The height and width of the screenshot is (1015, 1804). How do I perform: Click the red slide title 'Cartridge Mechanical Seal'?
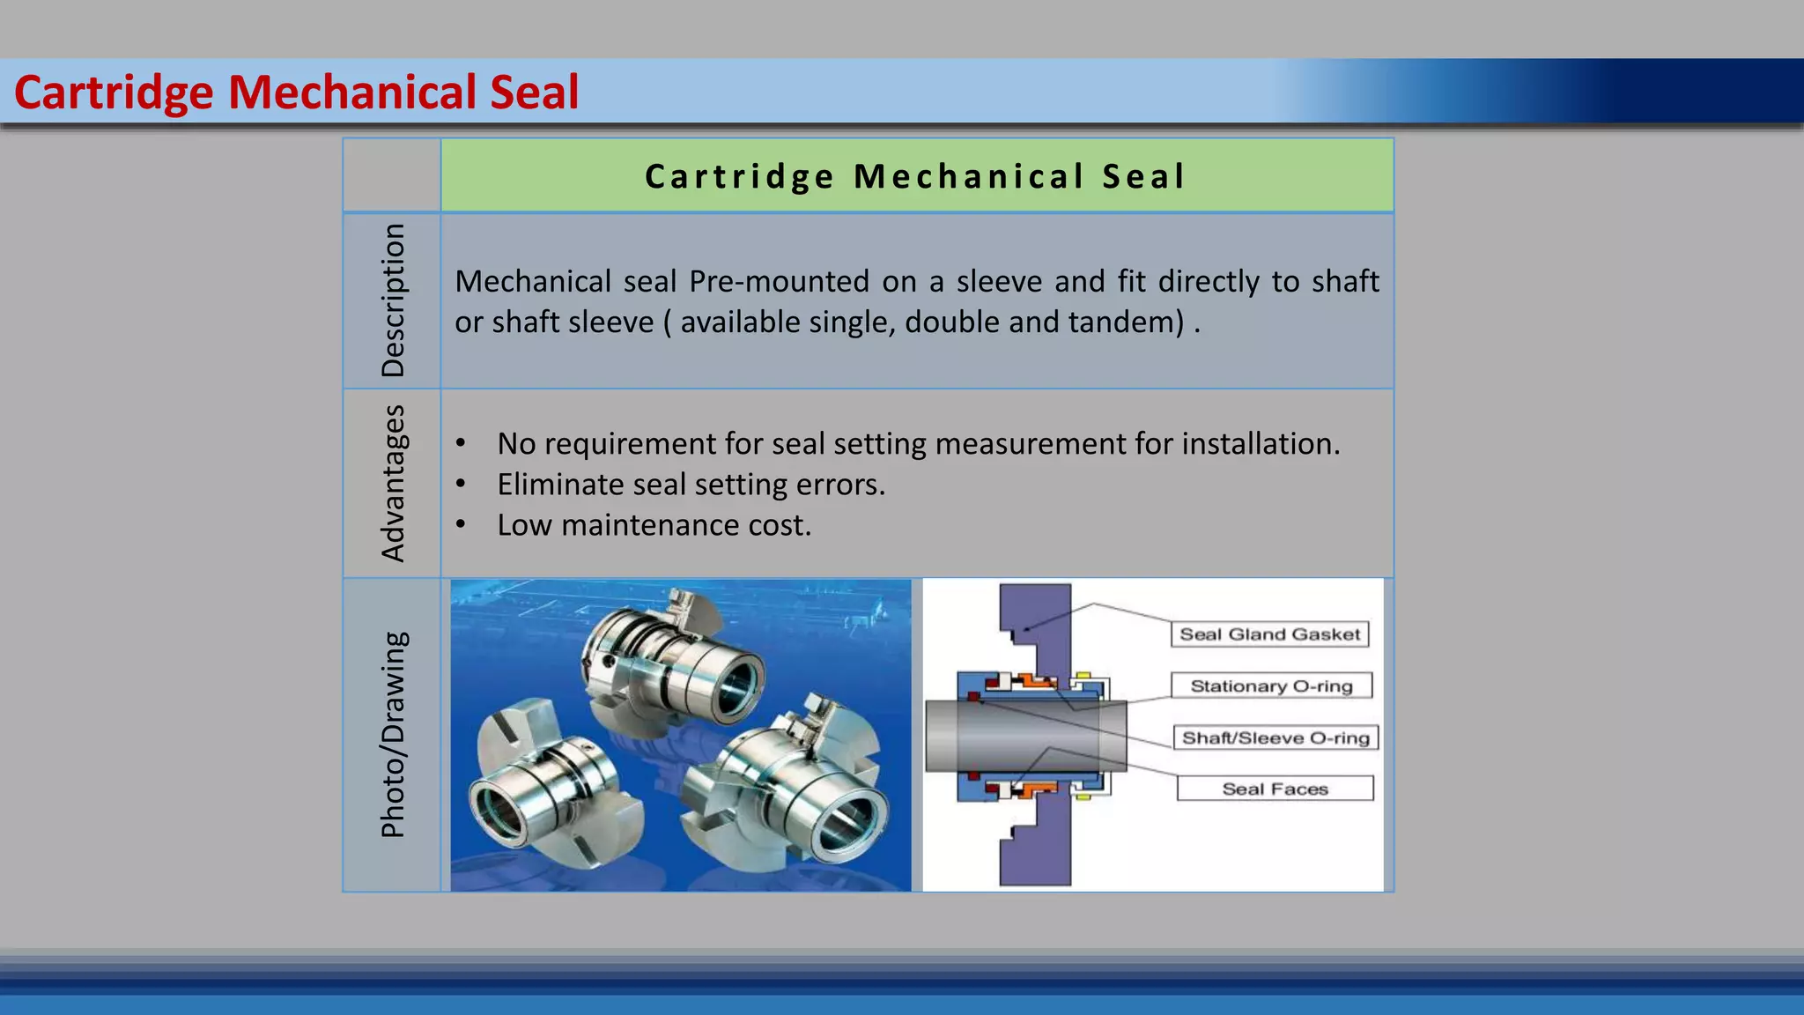tap(296, 93)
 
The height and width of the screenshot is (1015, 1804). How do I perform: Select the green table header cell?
tap(916, 176)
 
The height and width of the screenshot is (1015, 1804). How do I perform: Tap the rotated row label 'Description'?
tap(393, 300)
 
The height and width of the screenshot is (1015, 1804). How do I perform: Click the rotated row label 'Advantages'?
tap(393, 483)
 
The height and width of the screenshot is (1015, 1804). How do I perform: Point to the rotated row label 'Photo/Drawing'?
tap(393, 734)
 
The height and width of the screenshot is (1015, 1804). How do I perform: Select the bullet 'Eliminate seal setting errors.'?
tap(691, 485)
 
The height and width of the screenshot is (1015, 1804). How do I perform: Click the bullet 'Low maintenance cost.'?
tap(654, 525)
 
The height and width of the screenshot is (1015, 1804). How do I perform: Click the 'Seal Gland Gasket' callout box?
tap(1269, 634)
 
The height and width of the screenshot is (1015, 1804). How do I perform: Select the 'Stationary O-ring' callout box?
tap(1271, 685)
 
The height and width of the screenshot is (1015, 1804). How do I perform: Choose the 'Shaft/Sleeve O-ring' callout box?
tap(1275, 737)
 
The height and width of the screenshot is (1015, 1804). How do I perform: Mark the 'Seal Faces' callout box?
tap(1275, 789)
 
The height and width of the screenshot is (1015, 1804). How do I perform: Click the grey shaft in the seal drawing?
tap(1022, 735)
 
